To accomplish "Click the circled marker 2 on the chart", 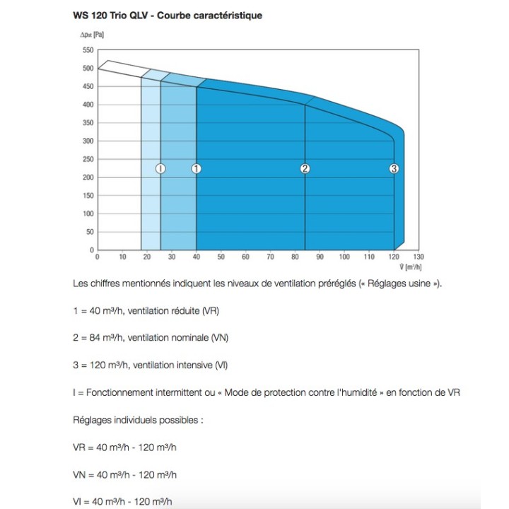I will pyautogui.click(x=305, y=168).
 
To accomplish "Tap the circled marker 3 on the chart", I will pyautogui.click(x=394, y=168).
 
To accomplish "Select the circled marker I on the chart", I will pyautogui.click(x=160, y=168).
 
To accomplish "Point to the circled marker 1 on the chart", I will pyautogui.click(x=197, y=168).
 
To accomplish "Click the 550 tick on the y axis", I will pyautogui.click(x=88, y=50).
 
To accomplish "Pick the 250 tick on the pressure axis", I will pyautogui.click(x=88, y=159).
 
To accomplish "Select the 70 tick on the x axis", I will pyautogui.click(x=269, y=257).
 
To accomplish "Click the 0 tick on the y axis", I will pyautogui.click(x=91, y=250).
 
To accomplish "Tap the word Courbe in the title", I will pyautogui.click(x=187, y=14).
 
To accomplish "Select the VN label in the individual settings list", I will pyautogui.click(x=80, y=474).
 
